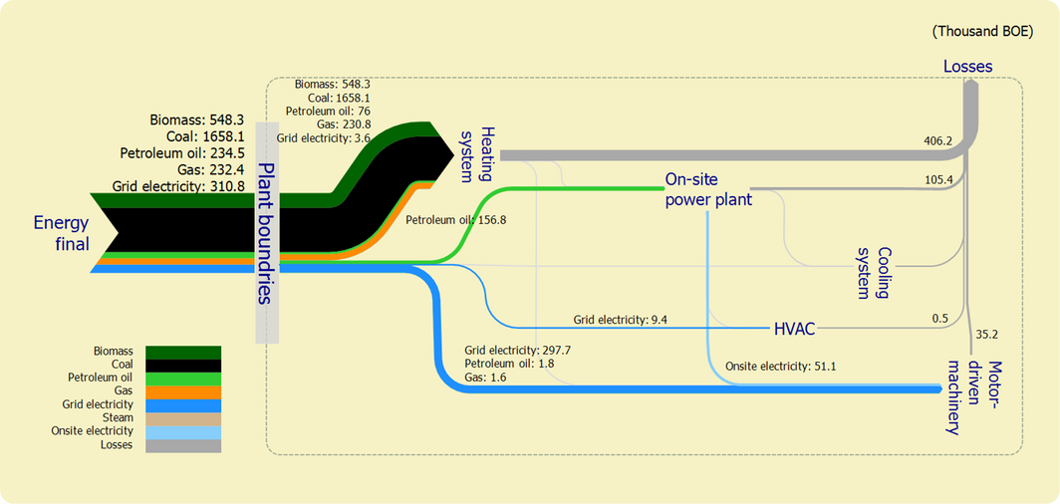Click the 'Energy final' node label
61,233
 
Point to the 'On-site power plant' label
707,190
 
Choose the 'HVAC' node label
795,328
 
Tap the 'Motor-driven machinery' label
968,382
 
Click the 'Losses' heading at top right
967,67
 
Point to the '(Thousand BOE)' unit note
981,31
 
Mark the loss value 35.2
988,334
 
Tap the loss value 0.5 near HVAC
939,318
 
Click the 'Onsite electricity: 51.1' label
780,367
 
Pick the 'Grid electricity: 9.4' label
620,320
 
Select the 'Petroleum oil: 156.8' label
456,219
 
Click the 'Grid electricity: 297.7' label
517,351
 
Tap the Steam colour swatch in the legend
183,418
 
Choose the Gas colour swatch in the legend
183,391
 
